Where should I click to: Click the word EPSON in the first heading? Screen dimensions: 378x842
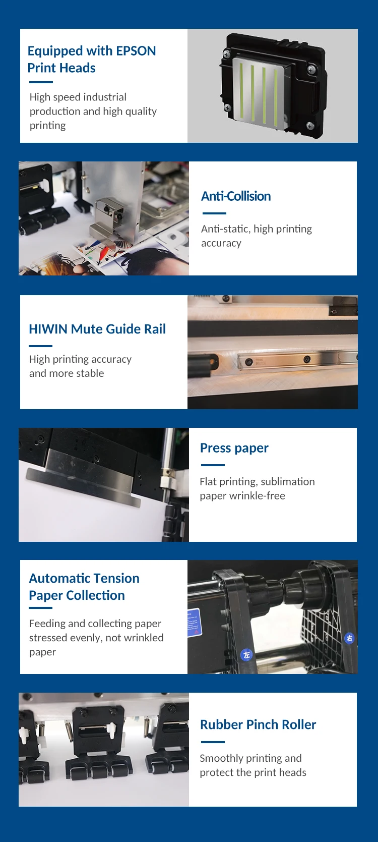136,51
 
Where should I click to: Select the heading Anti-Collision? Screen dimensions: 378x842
236,196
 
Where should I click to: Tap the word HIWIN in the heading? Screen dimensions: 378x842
48,329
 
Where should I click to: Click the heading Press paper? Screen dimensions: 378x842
234,448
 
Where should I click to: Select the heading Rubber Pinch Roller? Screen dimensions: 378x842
258,724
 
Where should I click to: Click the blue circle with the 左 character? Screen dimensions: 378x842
246,655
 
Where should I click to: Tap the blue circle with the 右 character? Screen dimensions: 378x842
349,638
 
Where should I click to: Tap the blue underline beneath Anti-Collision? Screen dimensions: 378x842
214,213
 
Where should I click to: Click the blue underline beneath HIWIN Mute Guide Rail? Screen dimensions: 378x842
40,346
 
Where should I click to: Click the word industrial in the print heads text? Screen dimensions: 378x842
105,97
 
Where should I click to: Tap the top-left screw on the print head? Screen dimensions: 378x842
227,54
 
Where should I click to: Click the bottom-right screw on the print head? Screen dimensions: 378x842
310,126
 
